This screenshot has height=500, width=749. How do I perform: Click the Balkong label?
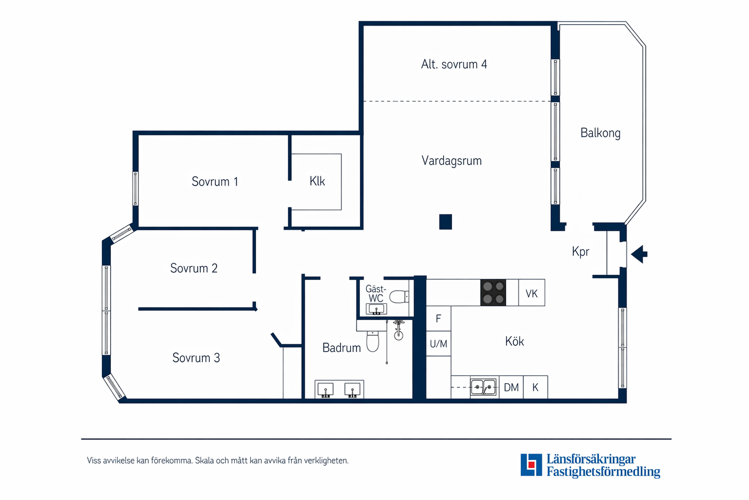pyautogui.click(x=600, y=133)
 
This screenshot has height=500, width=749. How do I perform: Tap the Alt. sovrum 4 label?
pyautogui.click(x=454, y=65)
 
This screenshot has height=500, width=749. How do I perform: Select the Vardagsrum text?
pyautogui.click(x=451, y=161)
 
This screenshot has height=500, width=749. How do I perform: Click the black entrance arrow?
pyautogui.click(x=639, y=254)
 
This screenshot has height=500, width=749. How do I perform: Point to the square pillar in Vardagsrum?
pyautogui.click(x=445, y=222)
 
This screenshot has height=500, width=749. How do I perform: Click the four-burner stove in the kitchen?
pyautogui.click(x=493, y=293)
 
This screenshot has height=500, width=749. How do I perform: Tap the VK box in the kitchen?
pyautogui.click(x=532, y=294)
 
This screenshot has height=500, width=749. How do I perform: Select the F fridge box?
pyautogui.click(x=438, y=318)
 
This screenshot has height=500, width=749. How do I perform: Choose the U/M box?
pyautogui.click(x=438, y=344)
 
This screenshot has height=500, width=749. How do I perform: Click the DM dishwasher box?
pyautogui.click(x=511, y=387)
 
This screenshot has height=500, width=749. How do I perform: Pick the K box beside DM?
pyautogui.click(x=535, y=387)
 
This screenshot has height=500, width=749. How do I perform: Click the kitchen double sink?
pyautogui.click(x=483, y=387)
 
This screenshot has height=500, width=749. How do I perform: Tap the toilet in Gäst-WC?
pyautogui.click(x=399, y=297)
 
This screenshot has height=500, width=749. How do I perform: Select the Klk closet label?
pyautogui.click(x=317, y=181)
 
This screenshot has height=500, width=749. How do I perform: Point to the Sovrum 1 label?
pyautogui.click(x=214, y=182)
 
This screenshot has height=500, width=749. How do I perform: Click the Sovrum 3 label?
pyautogui.click(x=196, y=358)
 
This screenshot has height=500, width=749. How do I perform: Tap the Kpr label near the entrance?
pyautogui.click(x=580, y=252)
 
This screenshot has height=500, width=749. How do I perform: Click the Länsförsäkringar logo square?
pyautogui.click(x=531, y=465)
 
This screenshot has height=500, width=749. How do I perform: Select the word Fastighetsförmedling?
pyautogui.click(x=603, y=472)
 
